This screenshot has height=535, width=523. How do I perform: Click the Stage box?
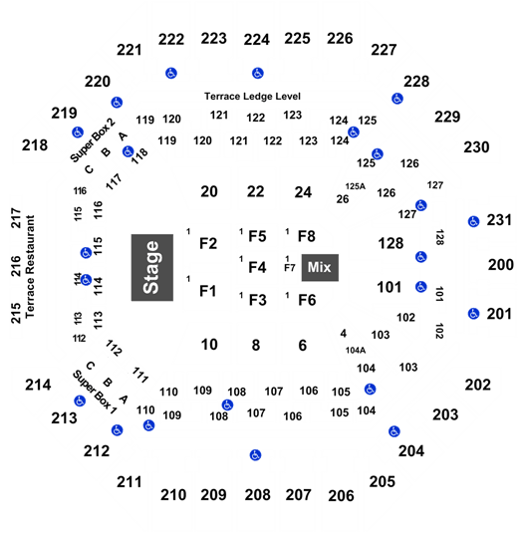(152, 267)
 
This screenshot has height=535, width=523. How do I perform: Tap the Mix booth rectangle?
(320, 267)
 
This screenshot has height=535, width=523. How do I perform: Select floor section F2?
(208, 244)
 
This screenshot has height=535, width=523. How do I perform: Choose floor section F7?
(290, 268)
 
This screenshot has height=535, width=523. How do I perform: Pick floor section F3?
(258, 300)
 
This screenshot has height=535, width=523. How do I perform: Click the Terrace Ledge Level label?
(252, 97)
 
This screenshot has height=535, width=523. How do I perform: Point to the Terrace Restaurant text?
(30, 266)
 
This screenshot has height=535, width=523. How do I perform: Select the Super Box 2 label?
(93, 139)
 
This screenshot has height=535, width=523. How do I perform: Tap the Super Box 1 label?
(95, 393)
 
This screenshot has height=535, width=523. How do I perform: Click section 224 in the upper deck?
(257, 40)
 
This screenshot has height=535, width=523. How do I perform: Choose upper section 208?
(258, 495)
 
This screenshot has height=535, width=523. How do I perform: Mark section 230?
(476, 147)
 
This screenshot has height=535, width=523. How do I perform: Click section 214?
(38, 386)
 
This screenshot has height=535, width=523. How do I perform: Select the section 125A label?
(356, 186)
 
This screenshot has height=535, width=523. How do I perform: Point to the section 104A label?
(356, 350)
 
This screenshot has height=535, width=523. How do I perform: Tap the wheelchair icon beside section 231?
(473, 222)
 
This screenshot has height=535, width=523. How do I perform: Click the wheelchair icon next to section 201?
(473, 314)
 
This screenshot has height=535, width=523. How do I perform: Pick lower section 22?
(256, 191)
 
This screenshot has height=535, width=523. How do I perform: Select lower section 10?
(209, 345)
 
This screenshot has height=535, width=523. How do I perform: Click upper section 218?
(35, 145)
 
